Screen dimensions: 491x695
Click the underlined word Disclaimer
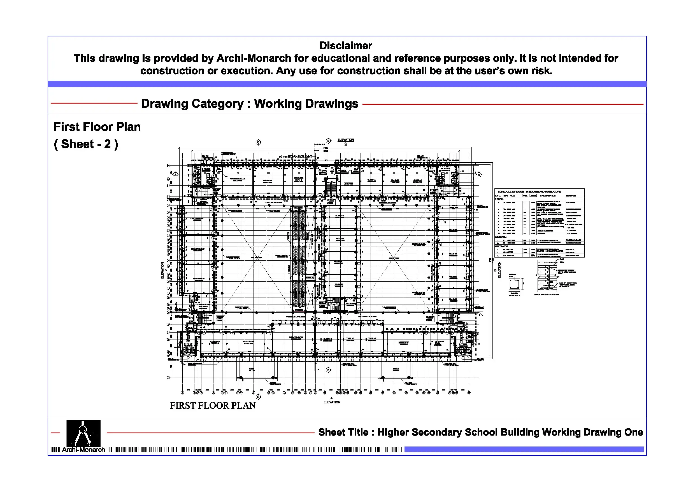pos(345,46)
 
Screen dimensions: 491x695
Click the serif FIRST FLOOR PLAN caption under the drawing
pos(213,405)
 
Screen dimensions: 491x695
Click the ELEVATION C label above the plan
pos(345,141)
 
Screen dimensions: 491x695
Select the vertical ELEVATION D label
pos(499,270)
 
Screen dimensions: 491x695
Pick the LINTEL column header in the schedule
pos(533,196)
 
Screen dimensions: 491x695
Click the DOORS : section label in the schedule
pos(499,199)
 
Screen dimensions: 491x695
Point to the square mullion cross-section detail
pos(514,284)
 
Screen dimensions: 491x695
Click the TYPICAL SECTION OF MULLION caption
pos(546,294)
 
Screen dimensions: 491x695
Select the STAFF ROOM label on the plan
pos(215,342)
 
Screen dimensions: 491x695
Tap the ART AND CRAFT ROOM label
pos(437,343)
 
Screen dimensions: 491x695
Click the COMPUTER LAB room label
pos(298,180)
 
